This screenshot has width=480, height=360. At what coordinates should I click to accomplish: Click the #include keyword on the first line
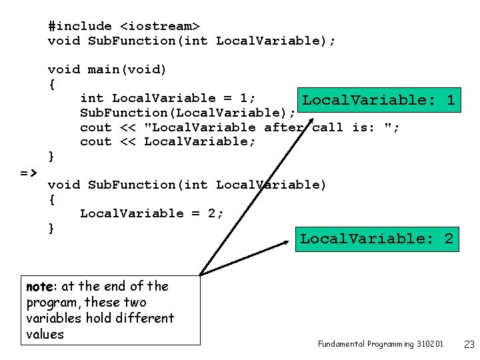tap(80, 26)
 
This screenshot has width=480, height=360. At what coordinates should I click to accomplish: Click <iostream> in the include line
tap(159, 26)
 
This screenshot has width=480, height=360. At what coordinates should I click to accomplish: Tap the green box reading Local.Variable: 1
tap(378, 100)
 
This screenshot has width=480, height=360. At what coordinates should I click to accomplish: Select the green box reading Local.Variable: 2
tap(377, 239)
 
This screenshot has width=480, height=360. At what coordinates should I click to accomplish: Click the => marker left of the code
tap(28, 172)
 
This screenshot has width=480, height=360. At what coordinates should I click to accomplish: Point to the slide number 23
tap(469, 344)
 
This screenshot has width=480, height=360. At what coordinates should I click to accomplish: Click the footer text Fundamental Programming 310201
tap(380, 344)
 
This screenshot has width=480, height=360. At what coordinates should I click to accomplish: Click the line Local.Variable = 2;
tap(151, 213)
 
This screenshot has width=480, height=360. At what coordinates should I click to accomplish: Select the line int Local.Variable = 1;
tap(168, 98)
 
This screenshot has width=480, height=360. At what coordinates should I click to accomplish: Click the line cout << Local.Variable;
tap(167, 141)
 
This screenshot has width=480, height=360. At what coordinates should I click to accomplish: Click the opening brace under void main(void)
tap(52, 84)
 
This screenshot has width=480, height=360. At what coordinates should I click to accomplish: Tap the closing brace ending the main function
tap(52, 156)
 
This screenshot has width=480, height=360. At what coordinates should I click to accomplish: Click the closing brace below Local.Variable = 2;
tap(52, 228)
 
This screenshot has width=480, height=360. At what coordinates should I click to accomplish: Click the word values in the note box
tap(45, 334)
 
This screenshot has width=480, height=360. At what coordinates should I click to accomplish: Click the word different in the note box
tap(147, 318)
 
